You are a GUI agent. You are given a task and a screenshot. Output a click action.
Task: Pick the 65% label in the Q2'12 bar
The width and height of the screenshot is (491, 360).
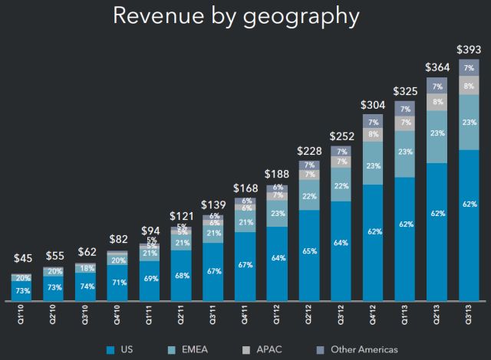click(x=309, y=250)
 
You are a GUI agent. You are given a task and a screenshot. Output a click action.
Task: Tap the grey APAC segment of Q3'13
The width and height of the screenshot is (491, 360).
click(x=470, y=87)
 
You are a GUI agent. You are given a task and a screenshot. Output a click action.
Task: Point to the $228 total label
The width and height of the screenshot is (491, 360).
click(x=309, y=149)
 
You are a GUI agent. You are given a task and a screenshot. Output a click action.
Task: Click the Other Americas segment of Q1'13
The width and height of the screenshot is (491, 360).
click(x=405, y=109)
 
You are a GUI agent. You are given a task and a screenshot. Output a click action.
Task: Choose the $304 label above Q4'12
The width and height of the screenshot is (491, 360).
click(x=374, y=105)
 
